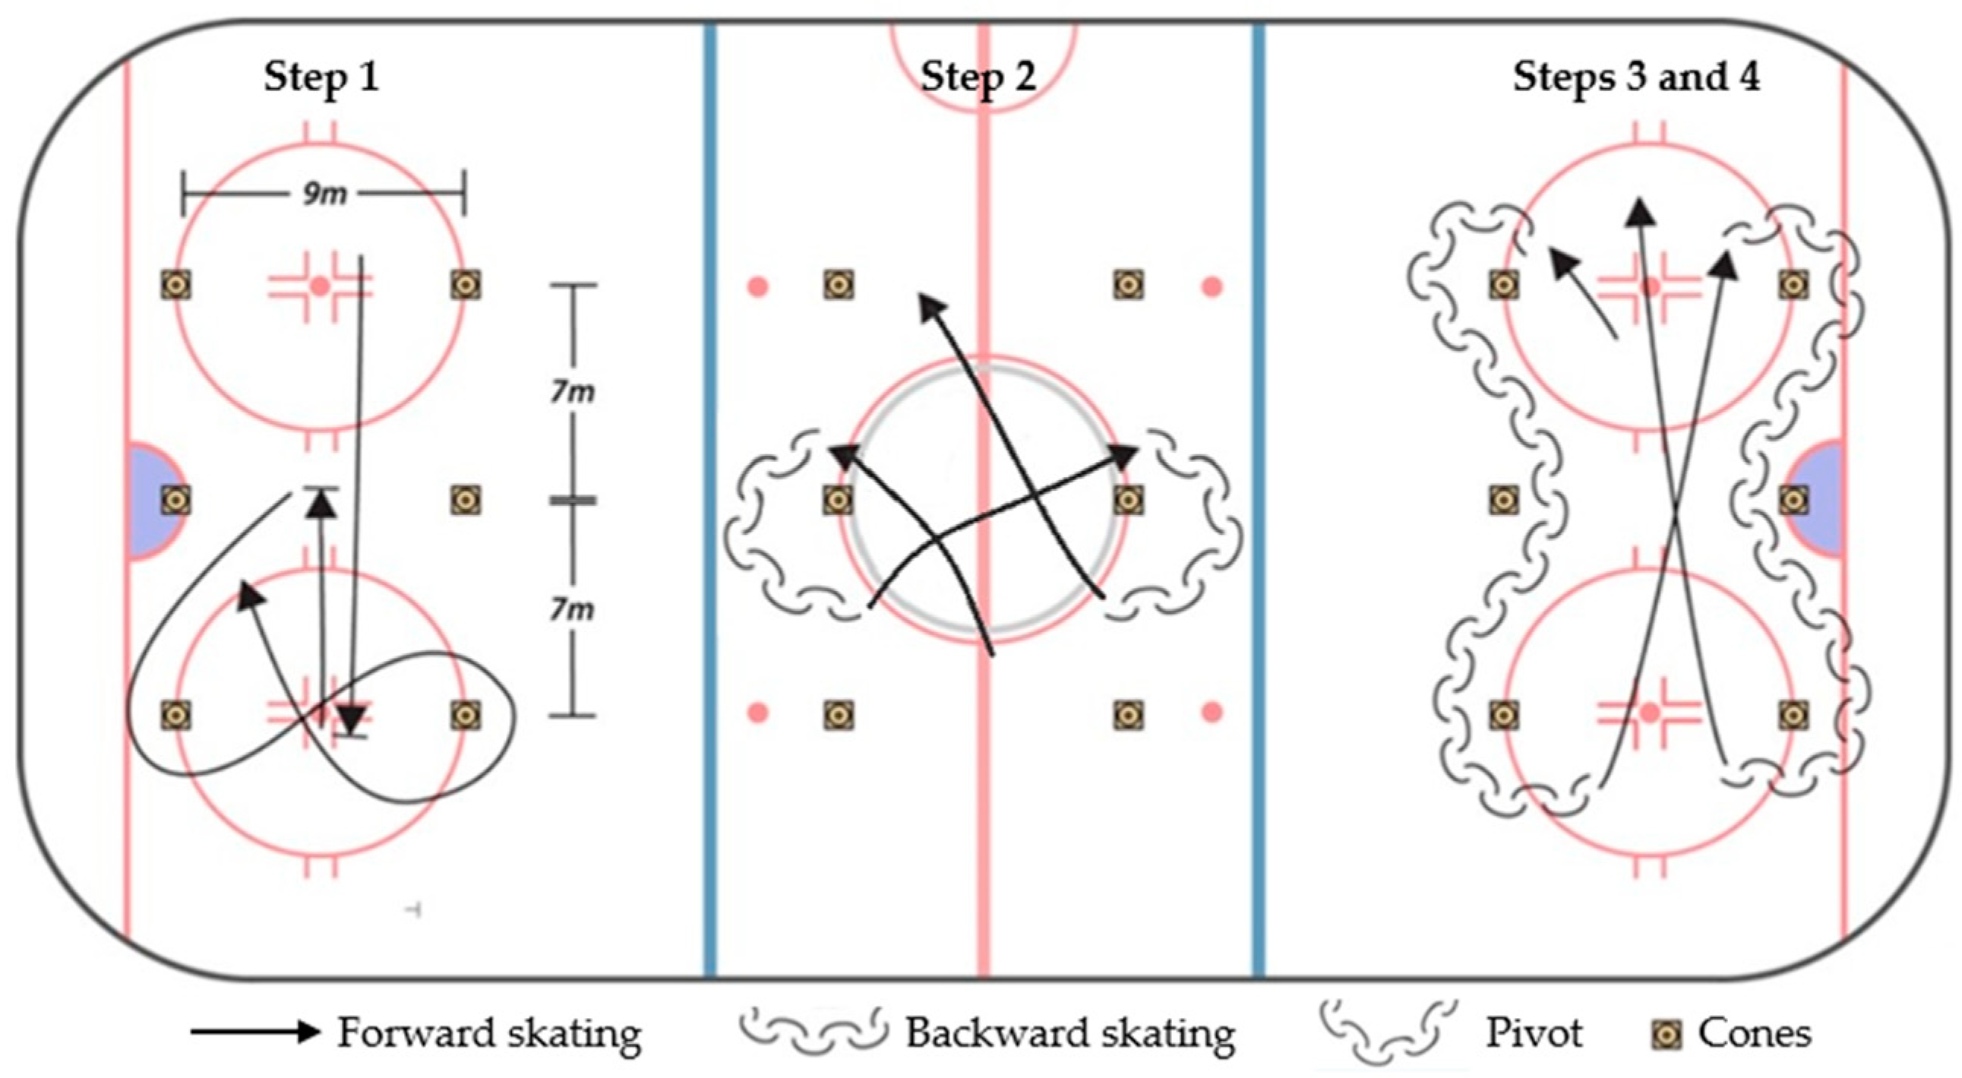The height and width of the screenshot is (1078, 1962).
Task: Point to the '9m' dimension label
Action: coord(324,195)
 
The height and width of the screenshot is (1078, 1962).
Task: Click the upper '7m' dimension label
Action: coord(573,391)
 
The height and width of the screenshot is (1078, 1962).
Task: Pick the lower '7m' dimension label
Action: coord(573,610)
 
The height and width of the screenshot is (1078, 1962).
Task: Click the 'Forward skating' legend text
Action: coord(489,1034)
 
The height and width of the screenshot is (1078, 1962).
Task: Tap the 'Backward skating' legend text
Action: coord(1069,1034)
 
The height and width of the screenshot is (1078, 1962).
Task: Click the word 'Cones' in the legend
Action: coord(1754,1034)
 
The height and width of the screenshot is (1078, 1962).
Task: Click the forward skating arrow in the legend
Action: coord(254,1033)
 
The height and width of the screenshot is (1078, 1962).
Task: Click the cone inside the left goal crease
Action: coord(176,501)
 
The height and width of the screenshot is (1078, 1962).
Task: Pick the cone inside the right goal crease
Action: coord(1793,501)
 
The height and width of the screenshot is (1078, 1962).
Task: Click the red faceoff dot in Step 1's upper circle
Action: coord(320,286)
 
